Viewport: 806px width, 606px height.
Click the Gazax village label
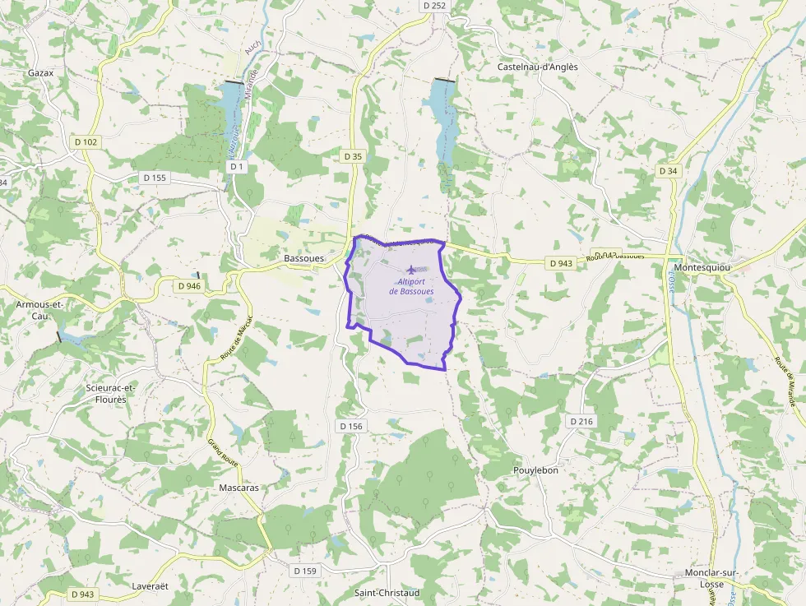tap(40, 72)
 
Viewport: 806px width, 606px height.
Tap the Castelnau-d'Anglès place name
tap(538, 67)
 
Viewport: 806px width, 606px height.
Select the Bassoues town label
tap(303, 257)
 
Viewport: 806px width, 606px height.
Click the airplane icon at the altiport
tap(411, 270)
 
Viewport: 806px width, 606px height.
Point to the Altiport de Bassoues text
tap(411, 287)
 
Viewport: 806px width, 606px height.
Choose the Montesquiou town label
tap(702, 267)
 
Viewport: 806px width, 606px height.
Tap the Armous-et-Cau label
tap(39, 310)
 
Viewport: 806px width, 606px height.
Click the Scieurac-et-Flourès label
tap(111, 393)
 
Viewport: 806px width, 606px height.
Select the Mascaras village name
tap(239, 488)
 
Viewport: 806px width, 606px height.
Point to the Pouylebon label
tap(535, 470)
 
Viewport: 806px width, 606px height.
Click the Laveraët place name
tap(150, 586)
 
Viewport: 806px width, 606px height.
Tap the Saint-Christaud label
tap(387, 592)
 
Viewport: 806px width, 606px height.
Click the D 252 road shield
tap(434, 6)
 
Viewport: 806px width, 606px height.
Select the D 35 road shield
tap(353, 155)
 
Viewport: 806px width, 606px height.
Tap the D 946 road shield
tap(189, 286)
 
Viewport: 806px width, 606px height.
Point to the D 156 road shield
tap(350, 426)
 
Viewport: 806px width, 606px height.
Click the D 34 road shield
tap(669, 171)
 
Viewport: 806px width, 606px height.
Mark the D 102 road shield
tap(85, 142)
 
